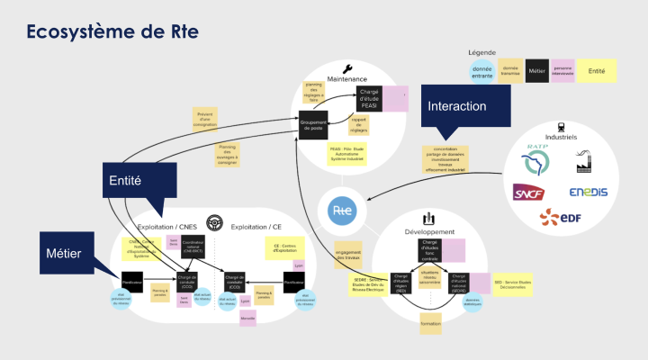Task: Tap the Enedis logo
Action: (589, 192)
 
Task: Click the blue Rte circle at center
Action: (342, 210)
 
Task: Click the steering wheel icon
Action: (214, 222)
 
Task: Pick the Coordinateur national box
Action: (193, 245)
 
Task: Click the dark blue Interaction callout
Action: (457, 106)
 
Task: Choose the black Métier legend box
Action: (537, 69)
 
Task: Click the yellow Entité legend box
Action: (596, 69)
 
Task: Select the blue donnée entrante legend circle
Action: (481, 69)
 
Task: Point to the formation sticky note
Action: (430, 323)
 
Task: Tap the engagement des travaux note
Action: (348, 254)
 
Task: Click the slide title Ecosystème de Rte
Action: (112, 31)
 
